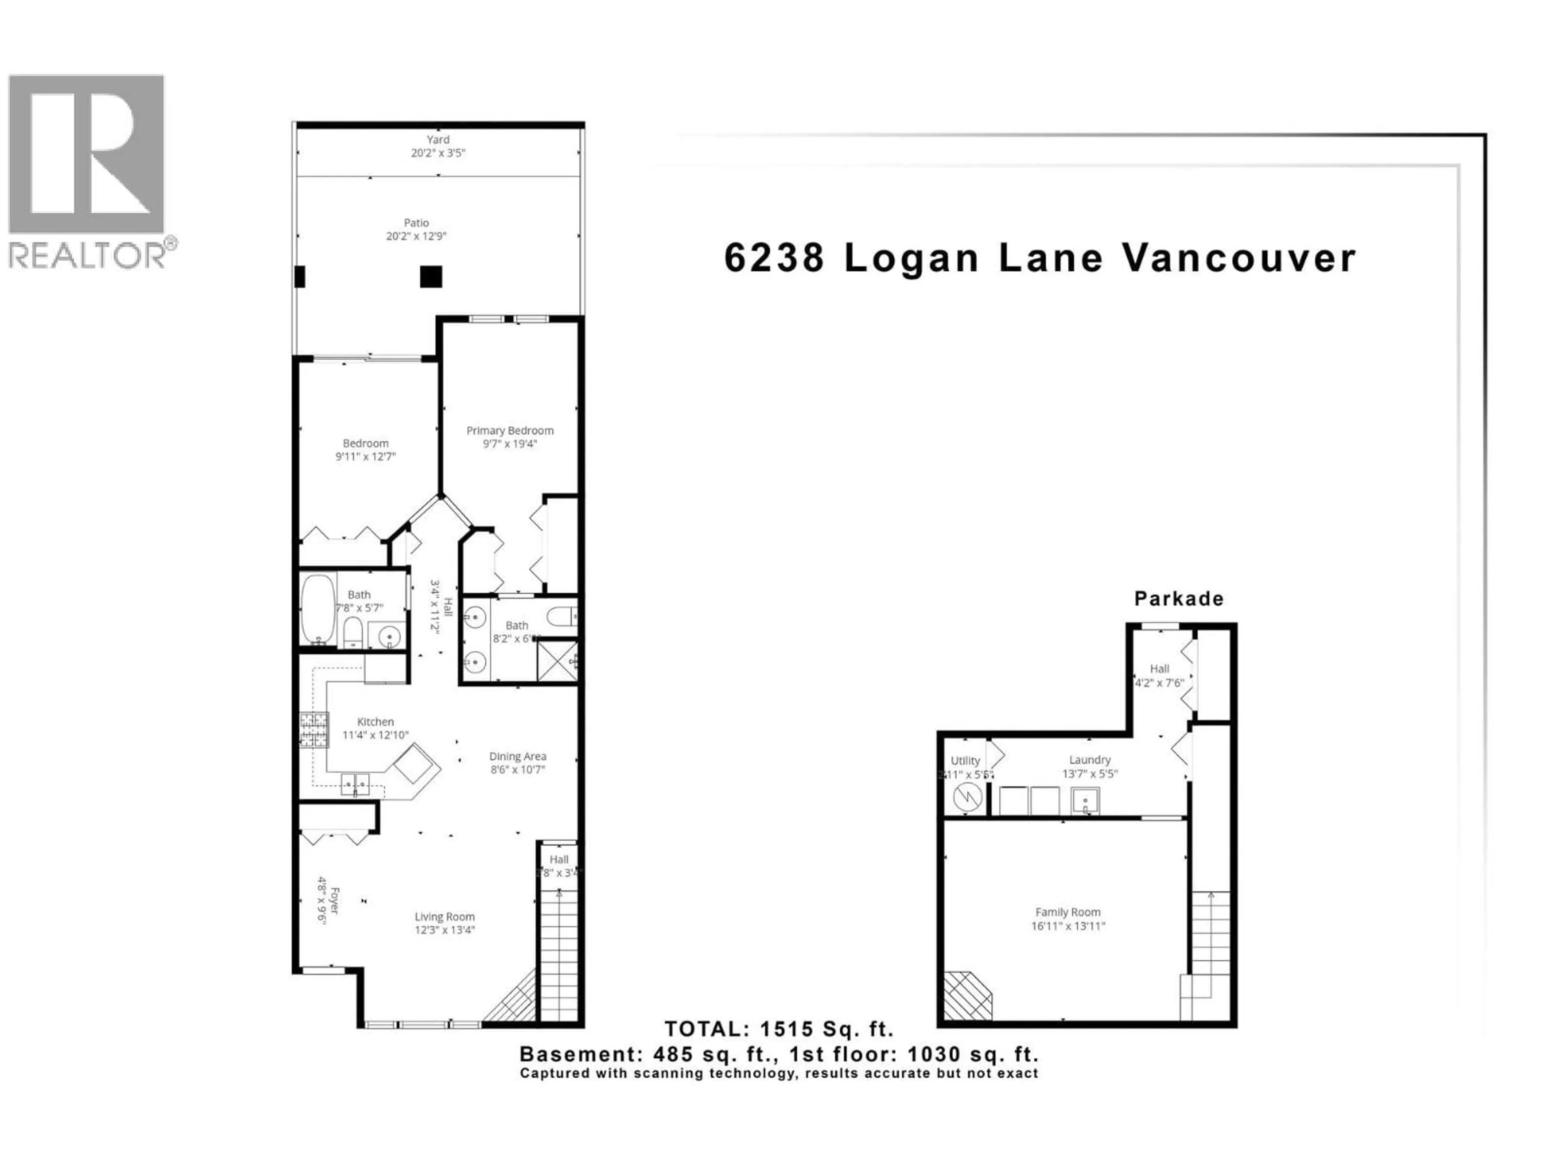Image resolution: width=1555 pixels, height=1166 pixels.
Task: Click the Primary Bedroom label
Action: point(510,430)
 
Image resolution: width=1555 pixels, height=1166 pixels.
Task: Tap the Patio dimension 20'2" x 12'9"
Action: point(416,236)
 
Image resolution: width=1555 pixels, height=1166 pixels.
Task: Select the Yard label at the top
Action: point(438,140)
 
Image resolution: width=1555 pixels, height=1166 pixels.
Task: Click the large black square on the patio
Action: point(431,276)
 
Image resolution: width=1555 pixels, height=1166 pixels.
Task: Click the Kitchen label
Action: point(375,722)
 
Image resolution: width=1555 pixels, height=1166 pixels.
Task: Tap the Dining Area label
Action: point(518,756)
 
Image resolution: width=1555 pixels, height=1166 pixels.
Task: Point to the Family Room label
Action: point(1067,912)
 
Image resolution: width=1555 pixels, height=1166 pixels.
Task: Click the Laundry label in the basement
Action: point(1090,760)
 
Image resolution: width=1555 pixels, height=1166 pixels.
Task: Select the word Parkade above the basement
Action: point(1179,599)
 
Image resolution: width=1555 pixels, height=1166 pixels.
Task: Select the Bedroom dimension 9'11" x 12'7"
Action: point(366,457)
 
